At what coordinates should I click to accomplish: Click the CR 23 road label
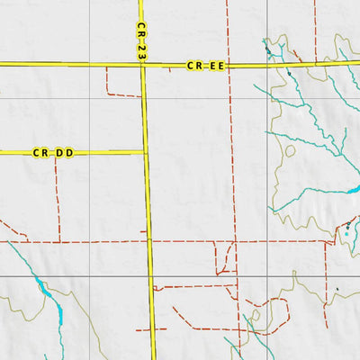click(141, 41)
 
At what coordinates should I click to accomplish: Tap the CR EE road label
click(204, 66)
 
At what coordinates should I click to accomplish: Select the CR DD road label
click(53, 153)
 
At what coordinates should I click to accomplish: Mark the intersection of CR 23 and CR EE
click(142, 65)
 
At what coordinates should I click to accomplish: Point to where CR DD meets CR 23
click(146, 152)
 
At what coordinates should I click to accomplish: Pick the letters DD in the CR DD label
click(64, 153)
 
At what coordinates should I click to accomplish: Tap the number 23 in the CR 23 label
click(141, 52)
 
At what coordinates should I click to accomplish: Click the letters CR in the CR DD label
click(40, 153)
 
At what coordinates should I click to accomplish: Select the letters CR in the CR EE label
click(193, 66)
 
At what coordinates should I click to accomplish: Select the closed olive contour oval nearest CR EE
click(290, 150)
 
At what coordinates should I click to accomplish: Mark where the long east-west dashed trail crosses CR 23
click(149, 241)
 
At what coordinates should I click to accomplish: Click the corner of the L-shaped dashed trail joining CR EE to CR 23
click(107, 94)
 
